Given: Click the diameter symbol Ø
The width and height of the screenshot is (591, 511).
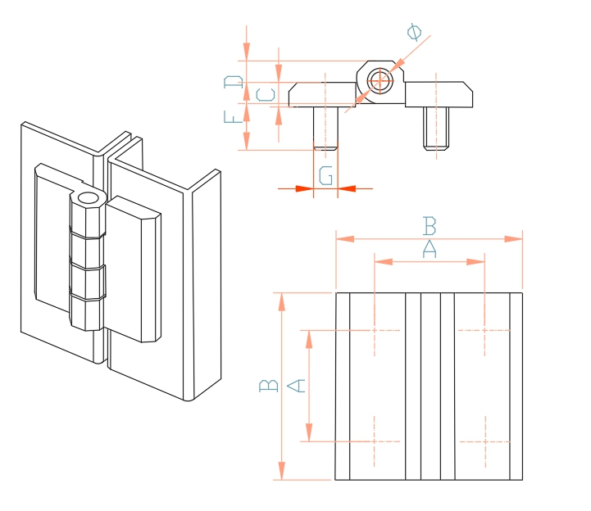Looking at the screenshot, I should pyautogui.click(x=415, y=32).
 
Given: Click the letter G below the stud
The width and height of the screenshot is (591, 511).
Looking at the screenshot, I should pyautogui.click(x=325, y=175).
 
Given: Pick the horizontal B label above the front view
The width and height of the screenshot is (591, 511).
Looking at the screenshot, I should pyautogui.click(x=428, y=224).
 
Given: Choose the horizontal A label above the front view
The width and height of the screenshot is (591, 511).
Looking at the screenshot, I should pyautogui.click(x=428, y=249).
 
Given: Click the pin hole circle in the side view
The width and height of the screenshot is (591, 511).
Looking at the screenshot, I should pyautogui.click(x=379, y=80).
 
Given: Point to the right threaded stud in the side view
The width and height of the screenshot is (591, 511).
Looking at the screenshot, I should pyautogui.click(x=437, y=129).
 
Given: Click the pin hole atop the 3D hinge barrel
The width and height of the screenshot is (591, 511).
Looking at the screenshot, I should pyautogui.click(x=88, y=198).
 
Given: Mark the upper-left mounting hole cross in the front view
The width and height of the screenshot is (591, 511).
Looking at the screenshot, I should pyautogui.click(x=375, y=330).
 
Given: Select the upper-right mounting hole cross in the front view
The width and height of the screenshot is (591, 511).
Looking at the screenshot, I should pyautogui.click(x=484, y=330).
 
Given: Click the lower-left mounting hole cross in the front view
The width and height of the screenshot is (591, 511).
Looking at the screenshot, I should pyautogui.click(x=375, y=441).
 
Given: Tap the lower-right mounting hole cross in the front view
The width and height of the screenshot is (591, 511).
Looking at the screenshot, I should pyautogui.click(x=484, y=441).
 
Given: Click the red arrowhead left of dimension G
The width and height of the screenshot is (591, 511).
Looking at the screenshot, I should pyautogui.click(x=303, y=189).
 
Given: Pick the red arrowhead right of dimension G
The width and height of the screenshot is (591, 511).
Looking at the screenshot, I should pyautogui.click(x=347, y=189).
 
